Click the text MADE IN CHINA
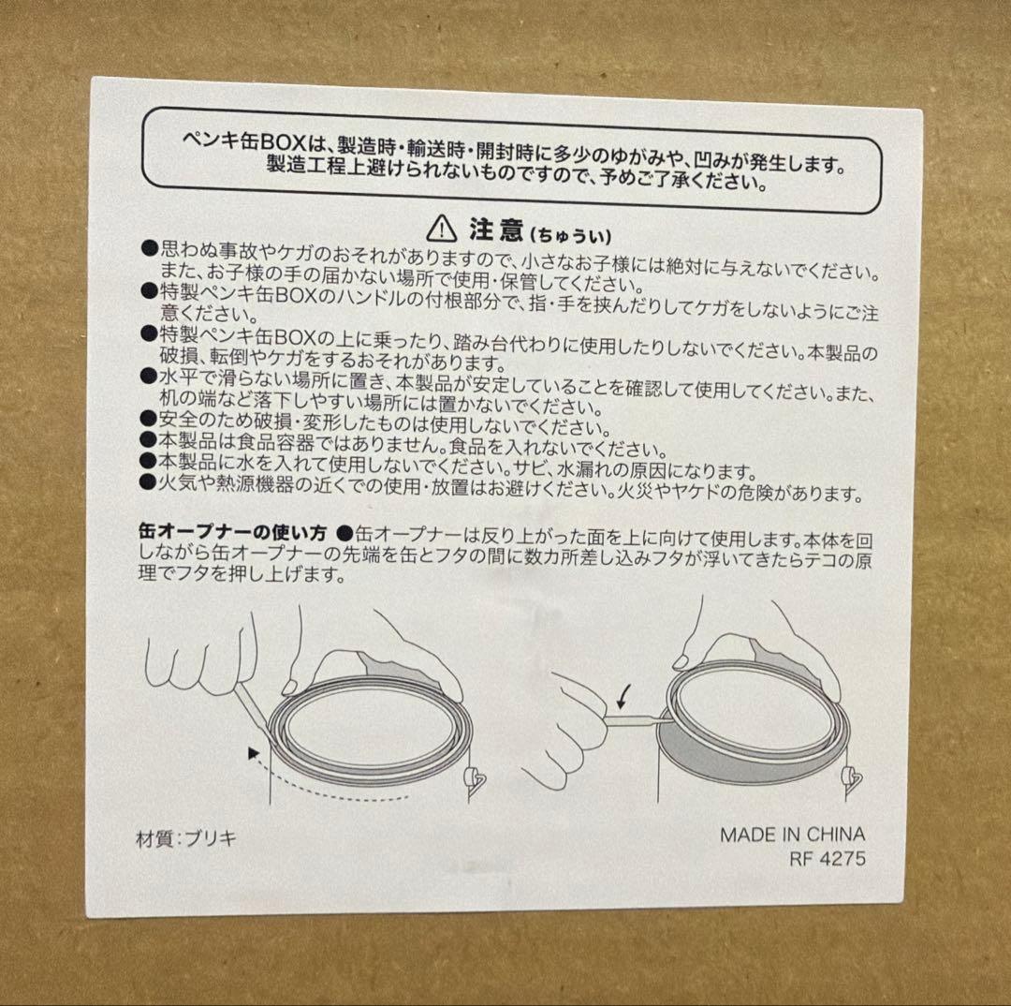(792, 835)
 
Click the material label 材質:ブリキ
(186, 838)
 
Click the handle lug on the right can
(853, 777)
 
